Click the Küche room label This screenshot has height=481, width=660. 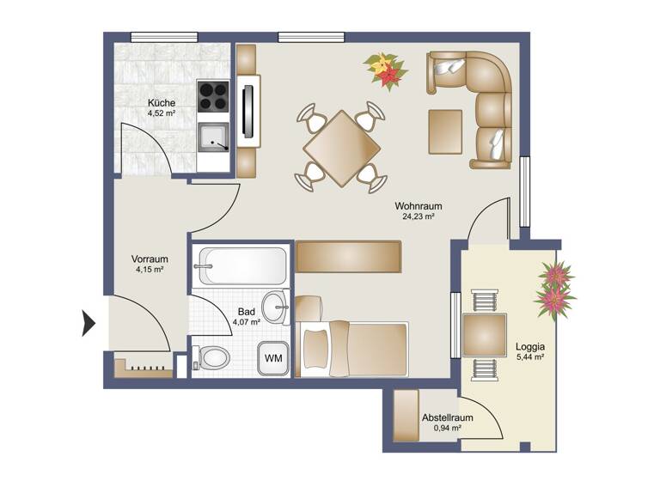pyautogui.click(x=161, y=102)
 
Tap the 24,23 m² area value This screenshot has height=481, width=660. pyautogui.click(x=418, y=217)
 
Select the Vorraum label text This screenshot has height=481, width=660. pyautogui.click(x=149, y=259)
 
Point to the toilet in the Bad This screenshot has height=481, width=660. pyautogui.click(x=211, y=357)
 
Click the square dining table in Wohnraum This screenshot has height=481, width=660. pyautogui.click(x=341, y=147)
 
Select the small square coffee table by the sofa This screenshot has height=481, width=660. pyautogui.click(x=447, y=131)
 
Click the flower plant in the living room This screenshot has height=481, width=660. pyautogui.click(x=384, y=70)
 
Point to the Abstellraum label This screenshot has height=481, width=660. pyautogui.click(x=443, y=417)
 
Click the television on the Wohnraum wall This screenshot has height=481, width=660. pyautogui.click(x=248, y=108)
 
